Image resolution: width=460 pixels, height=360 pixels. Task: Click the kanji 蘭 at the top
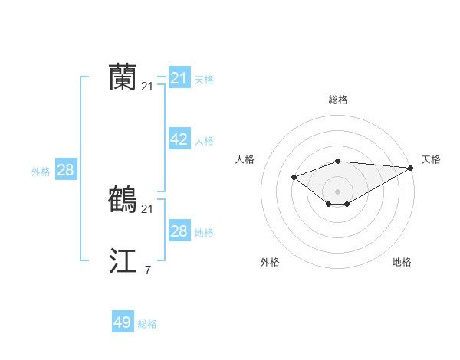pos(123,78)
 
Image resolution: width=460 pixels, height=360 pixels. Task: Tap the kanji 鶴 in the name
pos(123,200)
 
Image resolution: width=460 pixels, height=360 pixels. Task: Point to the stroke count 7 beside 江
pos(147,270)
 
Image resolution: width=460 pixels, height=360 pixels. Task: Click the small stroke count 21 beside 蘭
pos(147,87)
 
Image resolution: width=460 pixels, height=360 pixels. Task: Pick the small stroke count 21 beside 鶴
pos(147,208)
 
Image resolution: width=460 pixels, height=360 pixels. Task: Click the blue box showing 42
pos(179,139)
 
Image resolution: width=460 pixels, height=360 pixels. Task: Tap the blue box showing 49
pos(122,322)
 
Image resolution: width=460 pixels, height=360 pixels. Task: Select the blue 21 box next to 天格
pos(179,78)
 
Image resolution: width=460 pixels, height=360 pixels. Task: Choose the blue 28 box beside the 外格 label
pos(65,170)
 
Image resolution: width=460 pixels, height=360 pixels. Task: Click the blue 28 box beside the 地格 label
pos(179,231)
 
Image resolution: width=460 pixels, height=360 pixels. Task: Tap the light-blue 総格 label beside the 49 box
pos(147,324)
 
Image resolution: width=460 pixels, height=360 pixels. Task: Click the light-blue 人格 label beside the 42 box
pos(204,141)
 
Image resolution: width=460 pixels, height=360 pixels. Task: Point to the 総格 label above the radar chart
pos(338,100)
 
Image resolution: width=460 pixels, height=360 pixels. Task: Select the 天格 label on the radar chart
pos(431,159)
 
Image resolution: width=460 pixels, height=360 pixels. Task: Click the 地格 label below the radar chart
pos(402,262)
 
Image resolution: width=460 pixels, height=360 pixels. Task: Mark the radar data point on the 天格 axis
pos(411,168)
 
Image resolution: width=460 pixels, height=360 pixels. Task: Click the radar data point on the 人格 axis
pos(294,177)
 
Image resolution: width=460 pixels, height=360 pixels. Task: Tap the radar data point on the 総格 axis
pos(338,162)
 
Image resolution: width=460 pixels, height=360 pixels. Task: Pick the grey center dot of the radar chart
pos(338,191)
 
